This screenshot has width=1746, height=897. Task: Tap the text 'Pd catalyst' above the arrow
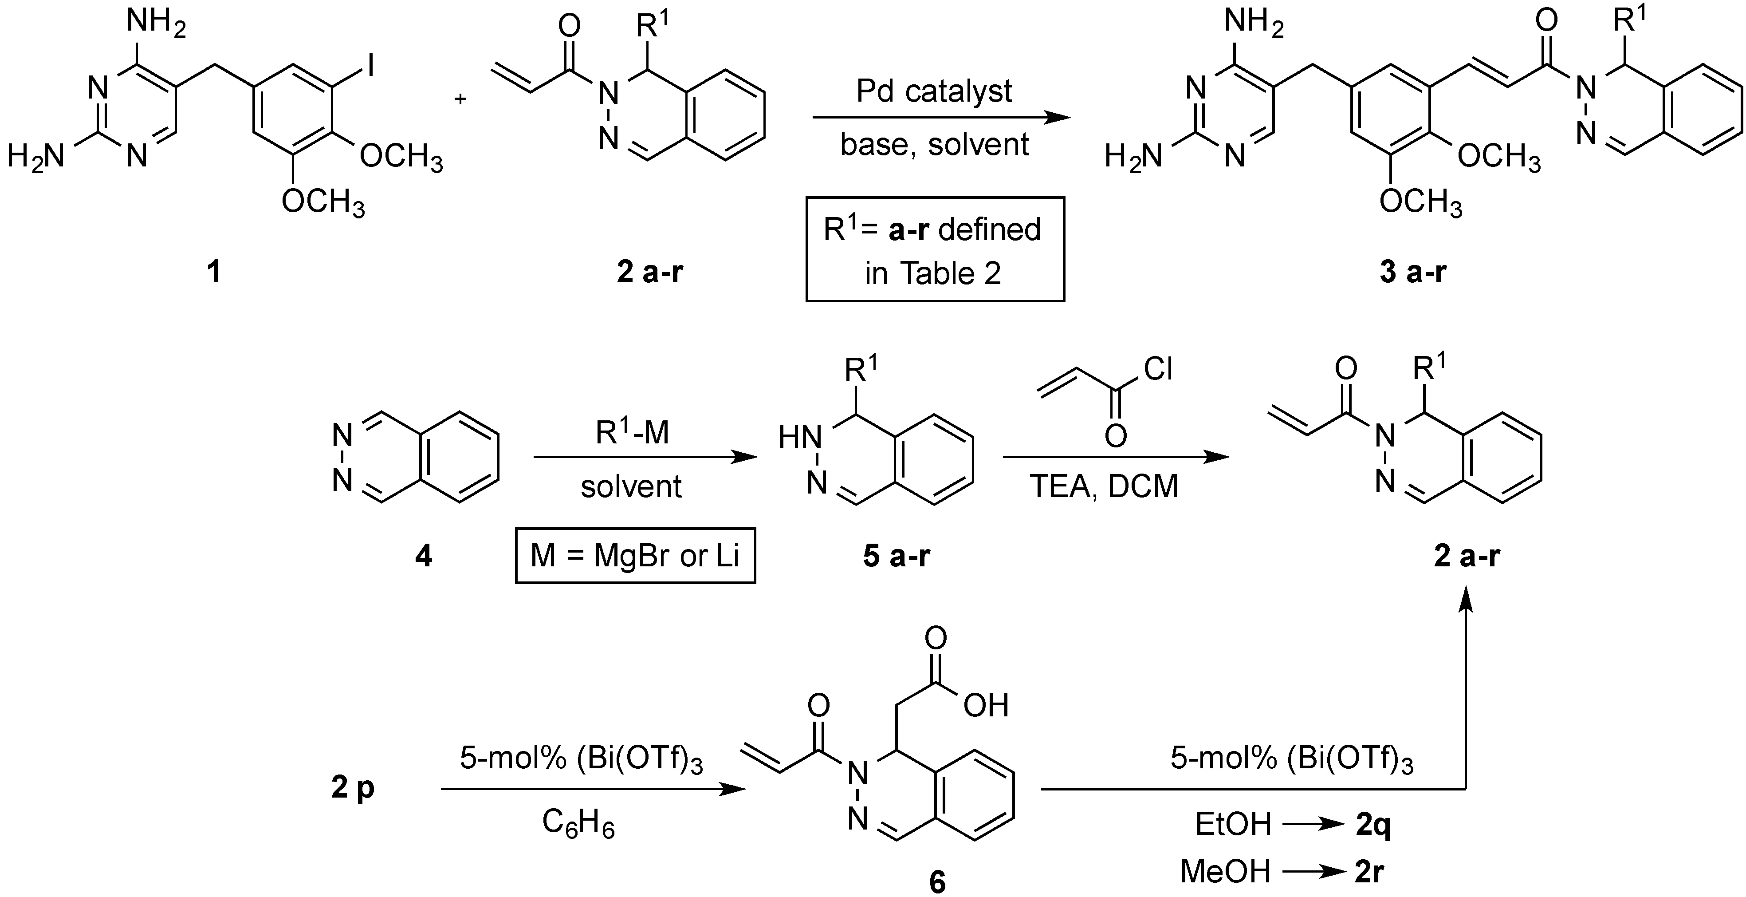[x=934, y=91]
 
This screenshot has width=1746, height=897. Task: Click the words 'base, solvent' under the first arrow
[x=934, y=144]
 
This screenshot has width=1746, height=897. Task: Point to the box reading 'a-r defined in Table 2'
[x=934, y=249]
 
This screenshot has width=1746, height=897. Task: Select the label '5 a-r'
[x=896, y=557]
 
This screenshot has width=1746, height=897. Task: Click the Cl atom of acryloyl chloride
[x=1158, y=370]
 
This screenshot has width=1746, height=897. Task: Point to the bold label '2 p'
[x=353, y=788]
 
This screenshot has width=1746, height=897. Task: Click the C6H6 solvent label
[x=578, y=825]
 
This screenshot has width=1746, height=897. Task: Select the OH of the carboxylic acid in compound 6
[x=986, y=706]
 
